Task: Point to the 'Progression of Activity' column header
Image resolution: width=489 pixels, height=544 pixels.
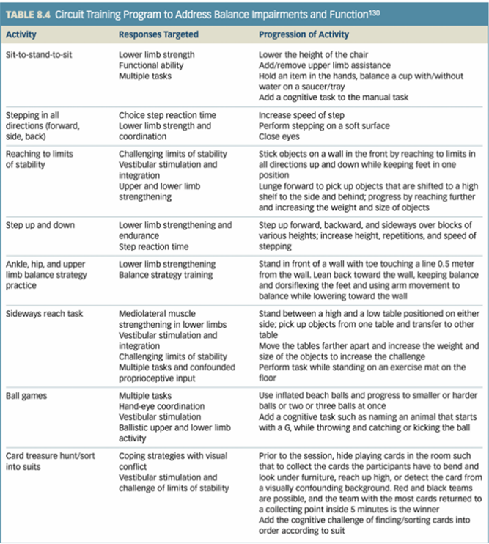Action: coord(304,34)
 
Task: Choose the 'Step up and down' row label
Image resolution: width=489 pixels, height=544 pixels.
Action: coord(39,224)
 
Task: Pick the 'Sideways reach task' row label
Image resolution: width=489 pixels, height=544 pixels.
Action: coord(44,313)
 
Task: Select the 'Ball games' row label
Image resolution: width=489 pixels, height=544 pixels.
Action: coord(27,396)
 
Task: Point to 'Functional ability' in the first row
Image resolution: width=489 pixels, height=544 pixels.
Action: coord(151,65)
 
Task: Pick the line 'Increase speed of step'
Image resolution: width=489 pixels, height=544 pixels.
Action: coord(303,115)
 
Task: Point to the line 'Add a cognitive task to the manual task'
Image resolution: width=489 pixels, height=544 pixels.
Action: coord(336,96)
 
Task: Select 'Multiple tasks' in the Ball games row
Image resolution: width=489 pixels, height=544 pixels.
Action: coord(147,396)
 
